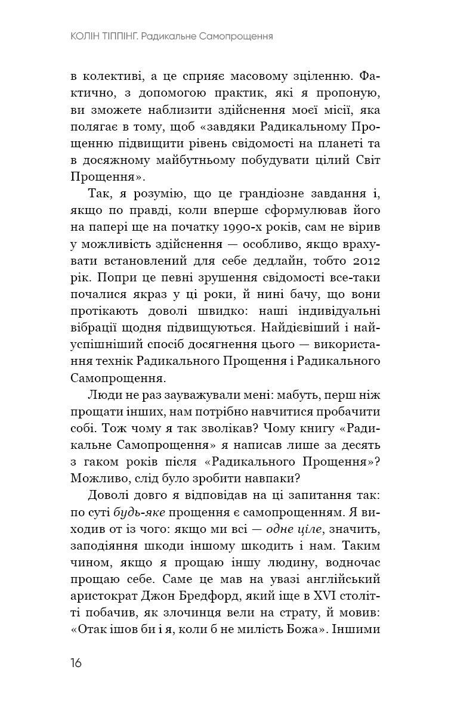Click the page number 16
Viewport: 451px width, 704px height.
pyautogui.click(x=76, y=663)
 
